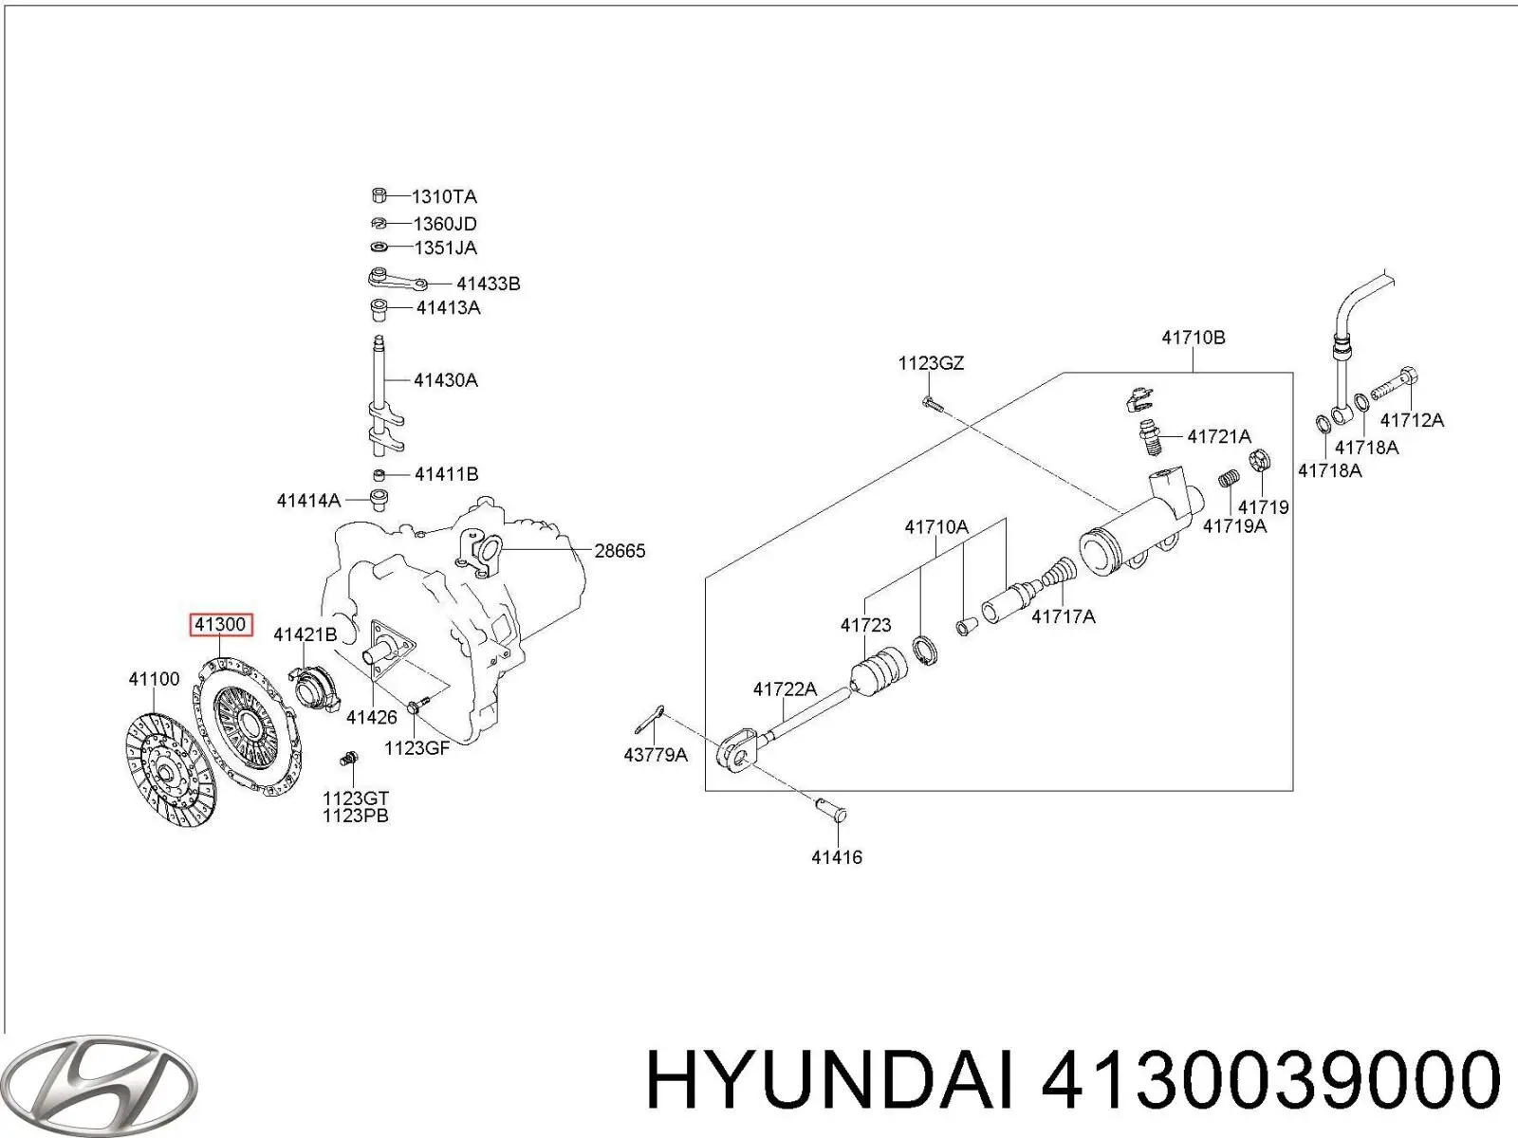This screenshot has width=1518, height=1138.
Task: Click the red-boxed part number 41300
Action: coord(220,624)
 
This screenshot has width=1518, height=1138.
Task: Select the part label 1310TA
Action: coord(443,197)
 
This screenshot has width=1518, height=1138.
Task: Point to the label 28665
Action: coord(619,550)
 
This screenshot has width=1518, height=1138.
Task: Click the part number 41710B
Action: coord(1193,338)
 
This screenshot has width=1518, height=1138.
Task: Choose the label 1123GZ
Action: coord(931,363)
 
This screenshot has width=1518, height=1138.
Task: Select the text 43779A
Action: coord(656,755)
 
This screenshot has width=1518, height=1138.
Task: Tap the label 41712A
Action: coord(1411,420)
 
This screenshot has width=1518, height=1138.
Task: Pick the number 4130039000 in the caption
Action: coord(1270,1082)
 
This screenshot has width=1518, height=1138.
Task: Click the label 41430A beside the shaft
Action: coord(445,380)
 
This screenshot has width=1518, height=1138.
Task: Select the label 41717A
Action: coord(1063,616)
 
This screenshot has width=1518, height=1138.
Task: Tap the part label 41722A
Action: coord(785,689)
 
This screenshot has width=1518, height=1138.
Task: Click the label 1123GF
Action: coord(416,747)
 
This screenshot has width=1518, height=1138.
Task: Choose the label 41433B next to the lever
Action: coord(488,284)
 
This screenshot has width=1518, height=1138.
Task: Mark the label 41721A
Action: coord(1218,436)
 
